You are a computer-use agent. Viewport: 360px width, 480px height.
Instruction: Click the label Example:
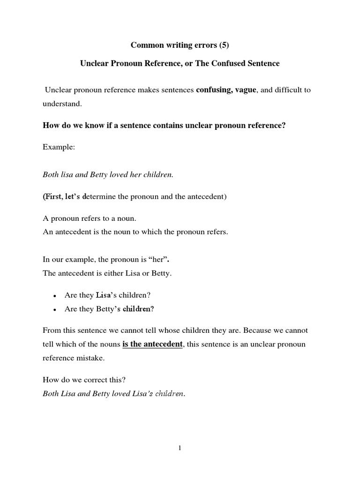tap(59, 147)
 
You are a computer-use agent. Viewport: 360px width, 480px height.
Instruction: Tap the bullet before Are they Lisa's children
tap(55, 296)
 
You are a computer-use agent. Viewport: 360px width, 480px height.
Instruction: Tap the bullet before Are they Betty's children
tap(55, 310)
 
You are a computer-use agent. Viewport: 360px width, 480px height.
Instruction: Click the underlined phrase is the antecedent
tap(152, 345)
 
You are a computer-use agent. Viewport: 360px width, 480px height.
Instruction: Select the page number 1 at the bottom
tap(180, 448)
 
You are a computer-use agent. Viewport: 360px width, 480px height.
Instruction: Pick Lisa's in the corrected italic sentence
tap(139, 394)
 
